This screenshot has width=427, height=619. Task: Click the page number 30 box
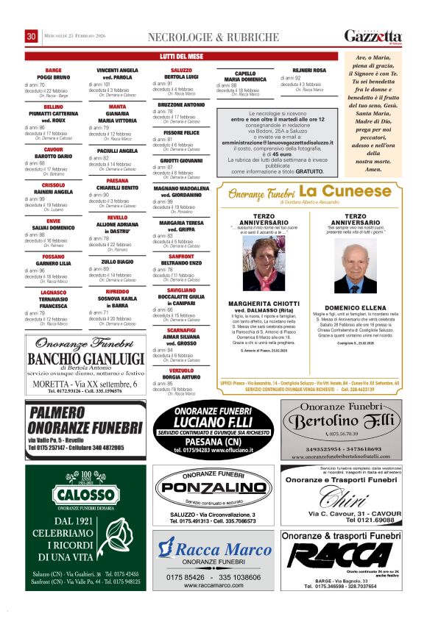32,37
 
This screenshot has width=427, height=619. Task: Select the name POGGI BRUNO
53,77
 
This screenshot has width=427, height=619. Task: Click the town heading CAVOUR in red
53,149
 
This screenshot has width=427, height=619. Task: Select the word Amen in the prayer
373,169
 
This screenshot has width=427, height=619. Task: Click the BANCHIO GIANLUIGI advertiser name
85,359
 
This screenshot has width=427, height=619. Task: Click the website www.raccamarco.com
214,585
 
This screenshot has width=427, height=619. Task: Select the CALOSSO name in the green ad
85,495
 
